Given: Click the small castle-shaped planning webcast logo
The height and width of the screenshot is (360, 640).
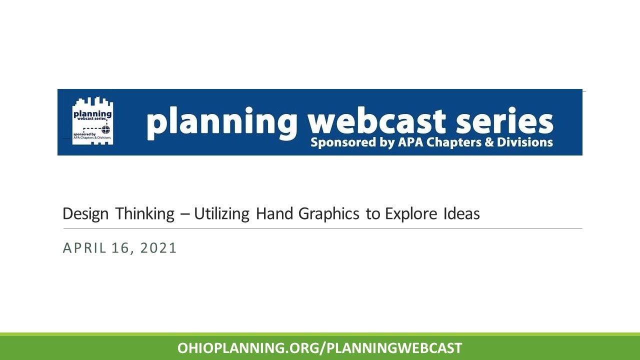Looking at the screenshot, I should coord(92,121).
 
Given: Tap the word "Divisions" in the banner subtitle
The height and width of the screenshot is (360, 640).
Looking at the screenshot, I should coord(525,142).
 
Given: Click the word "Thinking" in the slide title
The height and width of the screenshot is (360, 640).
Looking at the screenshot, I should coord(145,214).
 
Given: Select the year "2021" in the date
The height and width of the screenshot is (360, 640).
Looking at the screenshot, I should coord(158,248).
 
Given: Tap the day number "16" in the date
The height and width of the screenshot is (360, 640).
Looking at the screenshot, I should coord(120,248).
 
